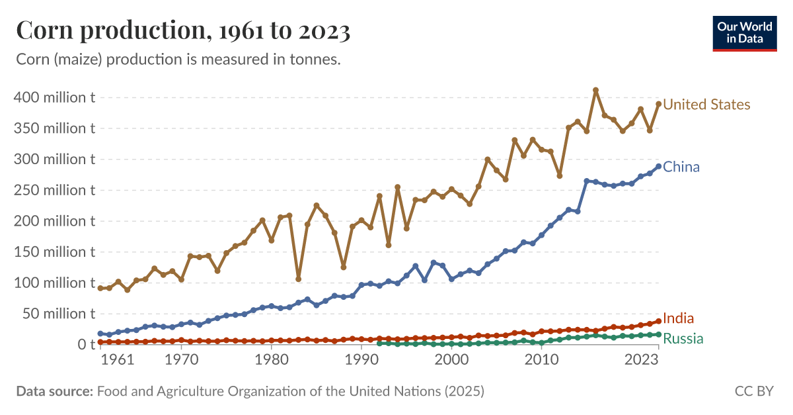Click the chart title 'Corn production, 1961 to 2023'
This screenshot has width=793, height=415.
[x=183, y=30]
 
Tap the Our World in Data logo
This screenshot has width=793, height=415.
[x=744, y=32]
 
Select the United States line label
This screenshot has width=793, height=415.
[x=706, y=105]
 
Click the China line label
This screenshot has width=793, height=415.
[x=681, y=167]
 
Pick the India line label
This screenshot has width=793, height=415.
[x=678, y=318]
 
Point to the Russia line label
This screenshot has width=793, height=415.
[x=683, y=340]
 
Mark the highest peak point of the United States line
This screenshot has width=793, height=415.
[x=595, y=90]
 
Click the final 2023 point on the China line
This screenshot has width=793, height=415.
[x=658, y=166]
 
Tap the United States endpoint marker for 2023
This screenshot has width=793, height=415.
[x=658, y=104]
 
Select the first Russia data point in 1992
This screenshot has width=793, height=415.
[x=379, y=343]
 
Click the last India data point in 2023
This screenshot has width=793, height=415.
[x=658, y=321]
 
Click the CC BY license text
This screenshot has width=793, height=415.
[x=753, y=391]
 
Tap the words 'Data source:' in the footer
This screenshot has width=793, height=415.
[x=55, y=391]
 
